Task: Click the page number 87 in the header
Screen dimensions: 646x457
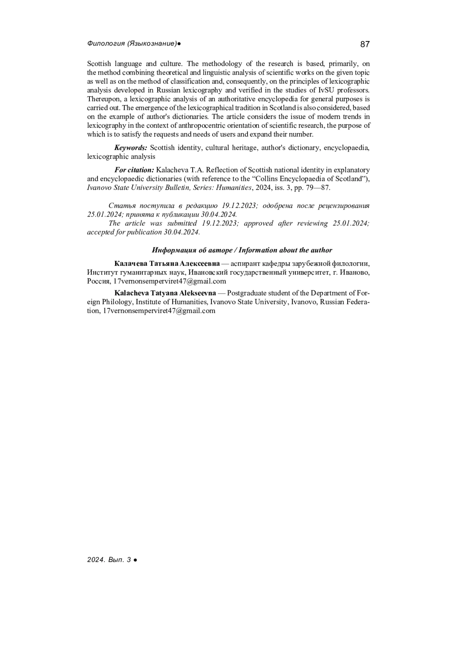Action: point(364,45)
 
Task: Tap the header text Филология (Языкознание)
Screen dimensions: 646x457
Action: point(132,44)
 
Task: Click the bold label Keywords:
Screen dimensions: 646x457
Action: point(131,148)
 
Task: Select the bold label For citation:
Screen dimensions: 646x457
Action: point(134,170)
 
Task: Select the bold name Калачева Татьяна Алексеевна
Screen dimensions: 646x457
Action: point(167,263)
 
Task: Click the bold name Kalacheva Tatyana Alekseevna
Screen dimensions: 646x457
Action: point(165,293)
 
